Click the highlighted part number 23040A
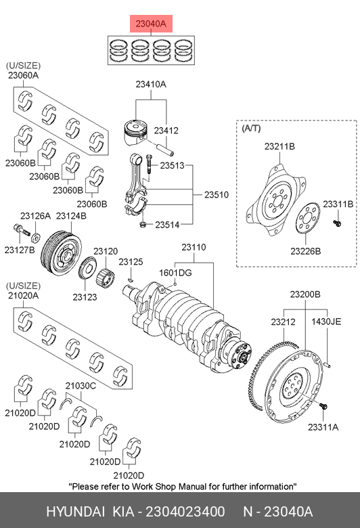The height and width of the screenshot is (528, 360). click(151, 24)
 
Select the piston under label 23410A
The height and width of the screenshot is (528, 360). click(136, 132)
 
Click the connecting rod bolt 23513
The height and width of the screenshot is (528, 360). click(149, 164)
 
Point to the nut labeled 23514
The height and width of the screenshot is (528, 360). click(143, 224)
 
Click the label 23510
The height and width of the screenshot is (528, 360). click(216, 195)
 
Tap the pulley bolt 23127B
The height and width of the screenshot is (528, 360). click(22, 231)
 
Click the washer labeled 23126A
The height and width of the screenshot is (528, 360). click(36, 237)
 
